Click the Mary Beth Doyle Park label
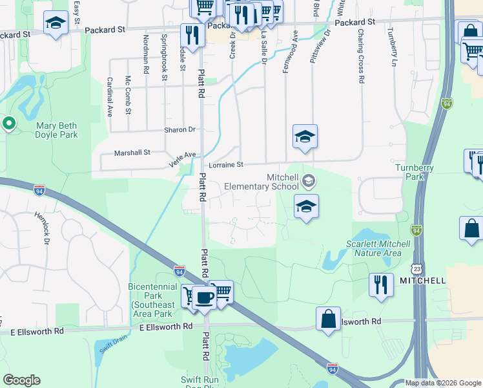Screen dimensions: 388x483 click(x=57, y=130)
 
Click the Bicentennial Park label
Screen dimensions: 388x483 click(x=152, y=296)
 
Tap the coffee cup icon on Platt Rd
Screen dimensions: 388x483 click(x=205, y=299)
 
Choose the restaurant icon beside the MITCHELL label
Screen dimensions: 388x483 click(x=381, y=285)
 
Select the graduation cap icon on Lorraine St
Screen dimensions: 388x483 click(x=305, y=136)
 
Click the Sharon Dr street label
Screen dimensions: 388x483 click(x=179, y=129)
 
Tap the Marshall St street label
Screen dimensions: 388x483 click(x=132, y=153)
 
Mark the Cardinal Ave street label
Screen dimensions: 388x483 click(x=110, y=96)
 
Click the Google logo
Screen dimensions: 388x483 click(x=21, y=380)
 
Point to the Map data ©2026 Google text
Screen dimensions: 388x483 click(x=442, y=383)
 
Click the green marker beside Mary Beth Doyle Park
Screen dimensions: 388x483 click(x=9, y=122)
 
